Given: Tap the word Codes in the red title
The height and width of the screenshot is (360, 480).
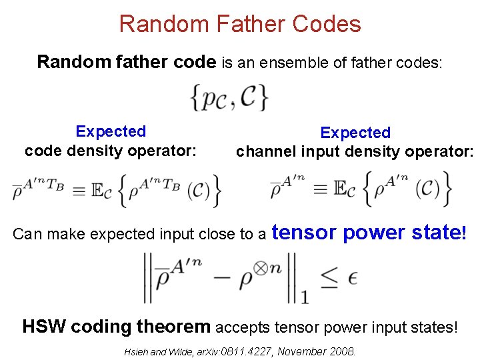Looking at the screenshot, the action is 326,24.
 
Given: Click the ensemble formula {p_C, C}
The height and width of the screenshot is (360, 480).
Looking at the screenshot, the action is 229,97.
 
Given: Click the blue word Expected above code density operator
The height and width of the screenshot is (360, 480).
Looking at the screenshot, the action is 111,132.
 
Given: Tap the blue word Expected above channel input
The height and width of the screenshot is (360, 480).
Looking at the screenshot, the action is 355,133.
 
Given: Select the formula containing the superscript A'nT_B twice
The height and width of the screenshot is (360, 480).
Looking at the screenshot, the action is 116,188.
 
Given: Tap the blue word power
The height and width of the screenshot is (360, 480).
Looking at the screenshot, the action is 373,232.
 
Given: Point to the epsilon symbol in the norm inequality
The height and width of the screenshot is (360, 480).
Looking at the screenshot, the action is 352,277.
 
